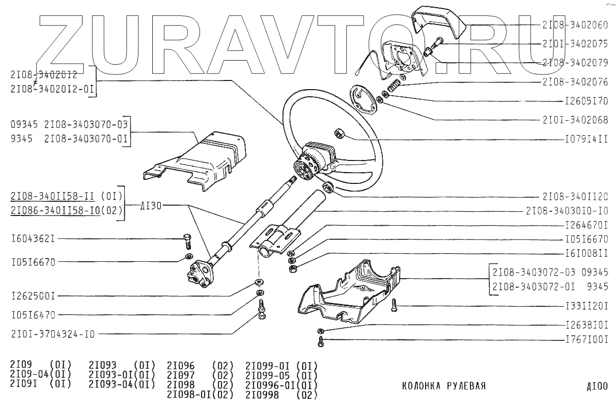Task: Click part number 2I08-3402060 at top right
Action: point(575,24)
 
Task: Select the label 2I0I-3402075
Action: point(575,44)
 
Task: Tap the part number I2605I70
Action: point(586,101)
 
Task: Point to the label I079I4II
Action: point(586,139)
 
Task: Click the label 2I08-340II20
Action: point(575,197)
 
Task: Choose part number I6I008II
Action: point(586,252)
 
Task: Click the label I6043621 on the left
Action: point(33,238)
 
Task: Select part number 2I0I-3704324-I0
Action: point(52,334)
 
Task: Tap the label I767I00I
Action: point(586,339)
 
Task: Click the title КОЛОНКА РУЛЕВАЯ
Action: point(443,386)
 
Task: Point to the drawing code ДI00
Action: point(597,387)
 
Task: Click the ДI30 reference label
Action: point(151,205)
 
